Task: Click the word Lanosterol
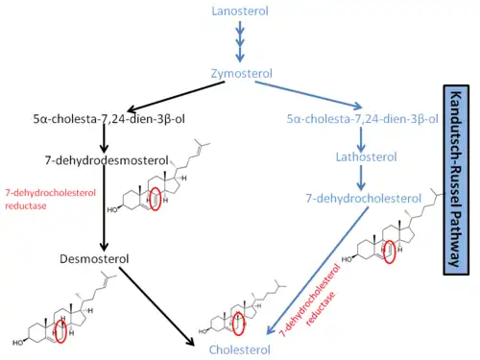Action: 240,12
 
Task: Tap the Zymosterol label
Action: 242,74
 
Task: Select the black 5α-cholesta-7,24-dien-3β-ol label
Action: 109,119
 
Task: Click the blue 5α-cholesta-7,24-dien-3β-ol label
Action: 362,119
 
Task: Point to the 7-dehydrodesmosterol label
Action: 107,160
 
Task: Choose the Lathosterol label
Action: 366,157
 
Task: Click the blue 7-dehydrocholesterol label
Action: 364,199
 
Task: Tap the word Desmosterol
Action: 94,259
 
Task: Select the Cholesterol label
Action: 240,349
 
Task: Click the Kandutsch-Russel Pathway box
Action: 456,180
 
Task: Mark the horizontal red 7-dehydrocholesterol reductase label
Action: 50,200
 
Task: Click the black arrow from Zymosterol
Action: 176,96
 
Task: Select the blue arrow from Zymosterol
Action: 308,95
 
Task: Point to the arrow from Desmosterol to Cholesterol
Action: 156,306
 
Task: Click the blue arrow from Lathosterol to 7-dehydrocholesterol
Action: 361,178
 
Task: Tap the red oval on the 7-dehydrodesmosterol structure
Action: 155,199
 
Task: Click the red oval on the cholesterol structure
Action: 238,324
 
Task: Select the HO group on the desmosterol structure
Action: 18,343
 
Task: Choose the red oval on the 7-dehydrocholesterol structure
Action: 389,252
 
